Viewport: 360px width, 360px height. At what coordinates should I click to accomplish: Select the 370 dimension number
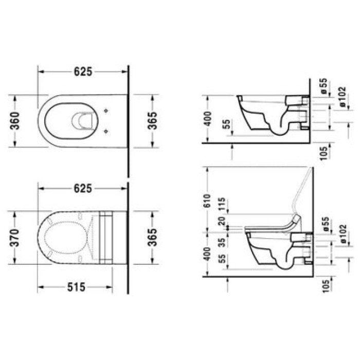click(15, 237)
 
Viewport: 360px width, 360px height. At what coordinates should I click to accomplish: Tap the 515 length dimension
click(75, 286)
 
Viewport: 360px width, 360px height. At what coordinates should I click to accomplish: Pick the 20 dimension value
click(222, 222)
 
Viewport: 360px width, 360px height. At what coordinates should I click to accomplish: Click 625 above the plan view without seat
click(82, 72)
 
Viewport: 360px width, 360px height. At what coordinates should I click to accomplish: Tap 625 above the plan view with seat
click(82, 188)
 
